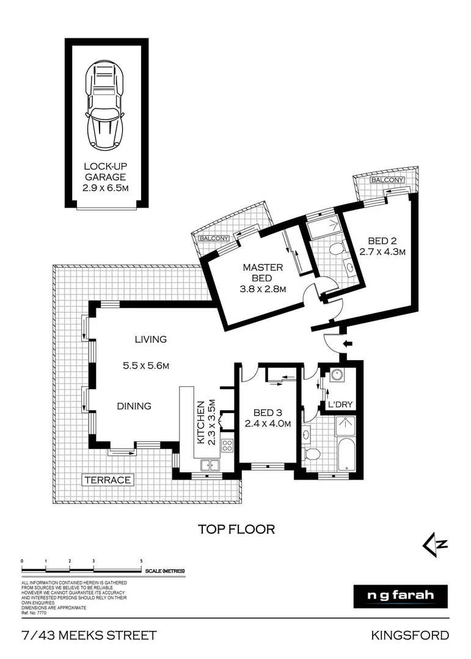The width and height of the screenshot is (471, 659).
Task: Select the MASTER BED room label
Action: tap(263, 273)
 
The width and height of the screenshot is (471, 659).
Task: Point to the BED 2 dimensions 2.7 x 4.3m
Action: tap(383, 251)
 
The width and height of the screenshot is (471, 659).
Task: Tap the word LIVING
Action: tap(151, 340)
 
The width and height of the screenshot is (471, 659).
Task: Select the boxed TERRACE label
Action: tap(108, 480)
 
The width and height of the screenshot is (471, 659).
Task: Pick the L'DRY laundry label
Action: tap(339, 405)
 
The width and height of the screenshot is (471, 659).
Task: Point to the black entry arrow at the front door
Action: tap(348, 344)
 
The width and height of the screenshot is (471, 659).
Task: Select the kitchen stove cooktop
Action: tap(227, 445)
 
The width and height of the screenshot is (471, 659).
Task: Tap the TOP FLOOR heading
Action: tap(236, 529)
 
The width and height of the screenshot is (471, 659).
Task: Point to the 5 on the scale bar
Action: tap(141, 560)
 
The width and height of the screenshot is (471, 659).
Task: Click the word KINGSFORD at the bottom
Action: tap(410, 636)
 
